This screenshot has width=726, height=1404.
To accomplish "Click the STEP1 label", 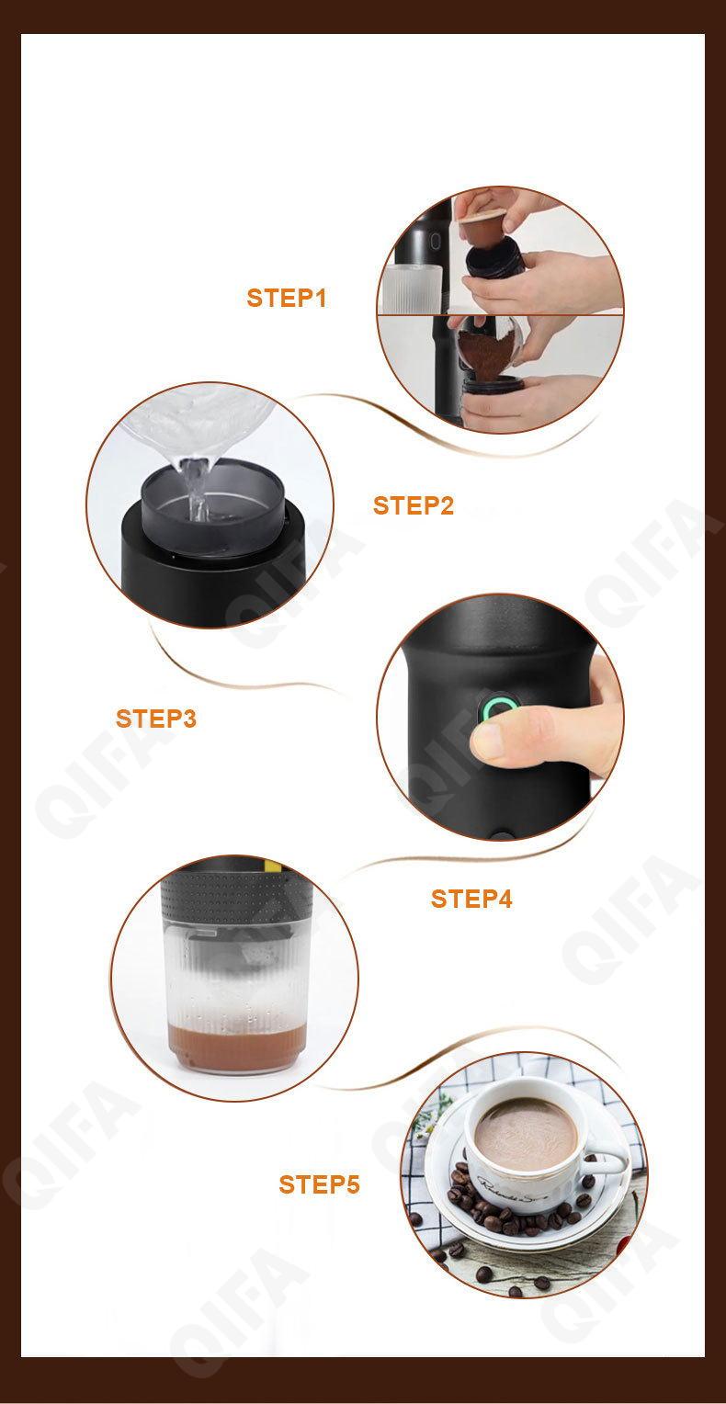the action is point(287,299).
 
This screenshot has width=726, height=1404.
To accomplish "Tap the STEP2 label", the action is point(414,505).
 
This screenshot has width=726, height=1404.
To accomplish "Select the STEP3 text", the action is point(156,719).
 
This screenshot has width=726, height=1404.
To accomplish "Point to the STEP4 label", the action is point(471,899).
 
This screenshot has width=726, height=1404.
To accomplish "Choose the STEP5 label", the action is point(320,1185).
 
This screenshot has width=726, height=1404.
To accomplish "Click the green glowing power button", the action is point(498,708).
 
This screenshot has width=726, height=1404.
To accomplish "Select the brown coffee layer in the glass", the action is point(238,1047).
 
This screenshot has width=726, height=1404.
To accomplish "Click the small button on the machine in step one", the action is point(435,241).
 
